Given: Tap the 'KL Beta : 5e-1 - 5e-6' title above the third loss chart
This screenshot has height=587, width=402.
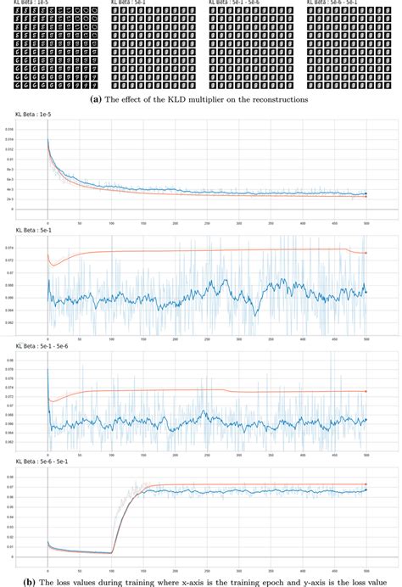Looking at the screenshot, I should point(41,346).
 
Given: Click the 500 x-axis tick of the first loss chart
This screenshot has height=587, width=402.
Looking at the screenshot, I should point(366,215).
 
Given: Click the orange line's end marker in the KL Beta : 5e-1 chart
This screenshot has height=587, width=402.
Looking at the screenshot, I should point(366,253).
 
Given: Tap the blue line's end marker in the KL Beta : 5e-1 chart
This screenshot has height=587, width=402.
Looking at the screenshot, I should point(366,292).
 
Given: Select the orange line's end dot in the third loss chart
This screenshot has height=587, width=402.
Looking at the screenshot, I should point(366,391).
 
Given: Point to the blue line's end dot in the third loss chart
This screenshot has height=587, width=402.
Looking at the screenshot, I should point(366,419).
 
